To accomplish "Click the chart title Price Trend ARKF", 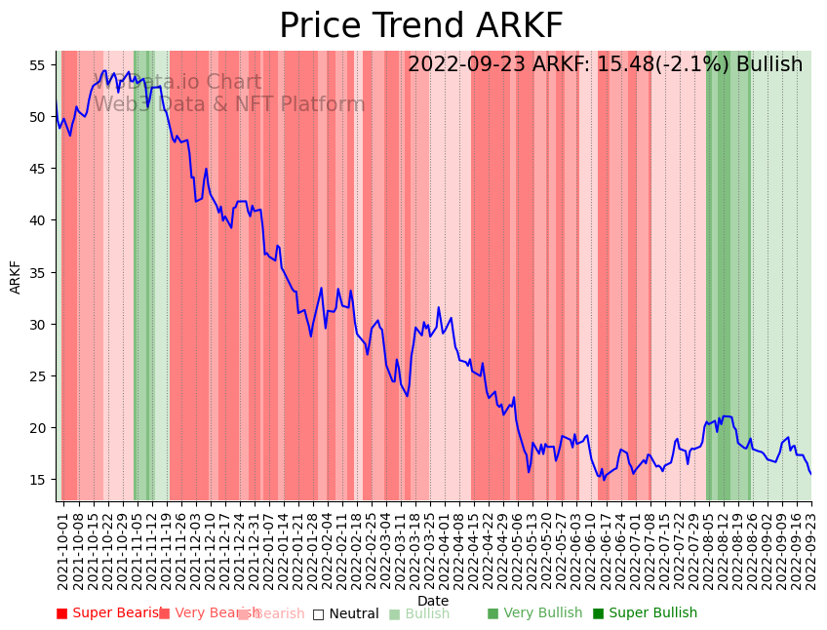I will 420,26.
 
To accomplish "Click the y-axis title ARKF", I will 16,276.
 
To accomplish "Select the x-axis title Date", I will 433,601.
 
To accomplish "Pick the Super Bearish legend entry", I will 110,613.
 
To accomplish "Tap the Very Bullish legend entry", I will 534,613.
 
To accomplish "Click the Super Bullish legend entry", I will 645,613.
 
